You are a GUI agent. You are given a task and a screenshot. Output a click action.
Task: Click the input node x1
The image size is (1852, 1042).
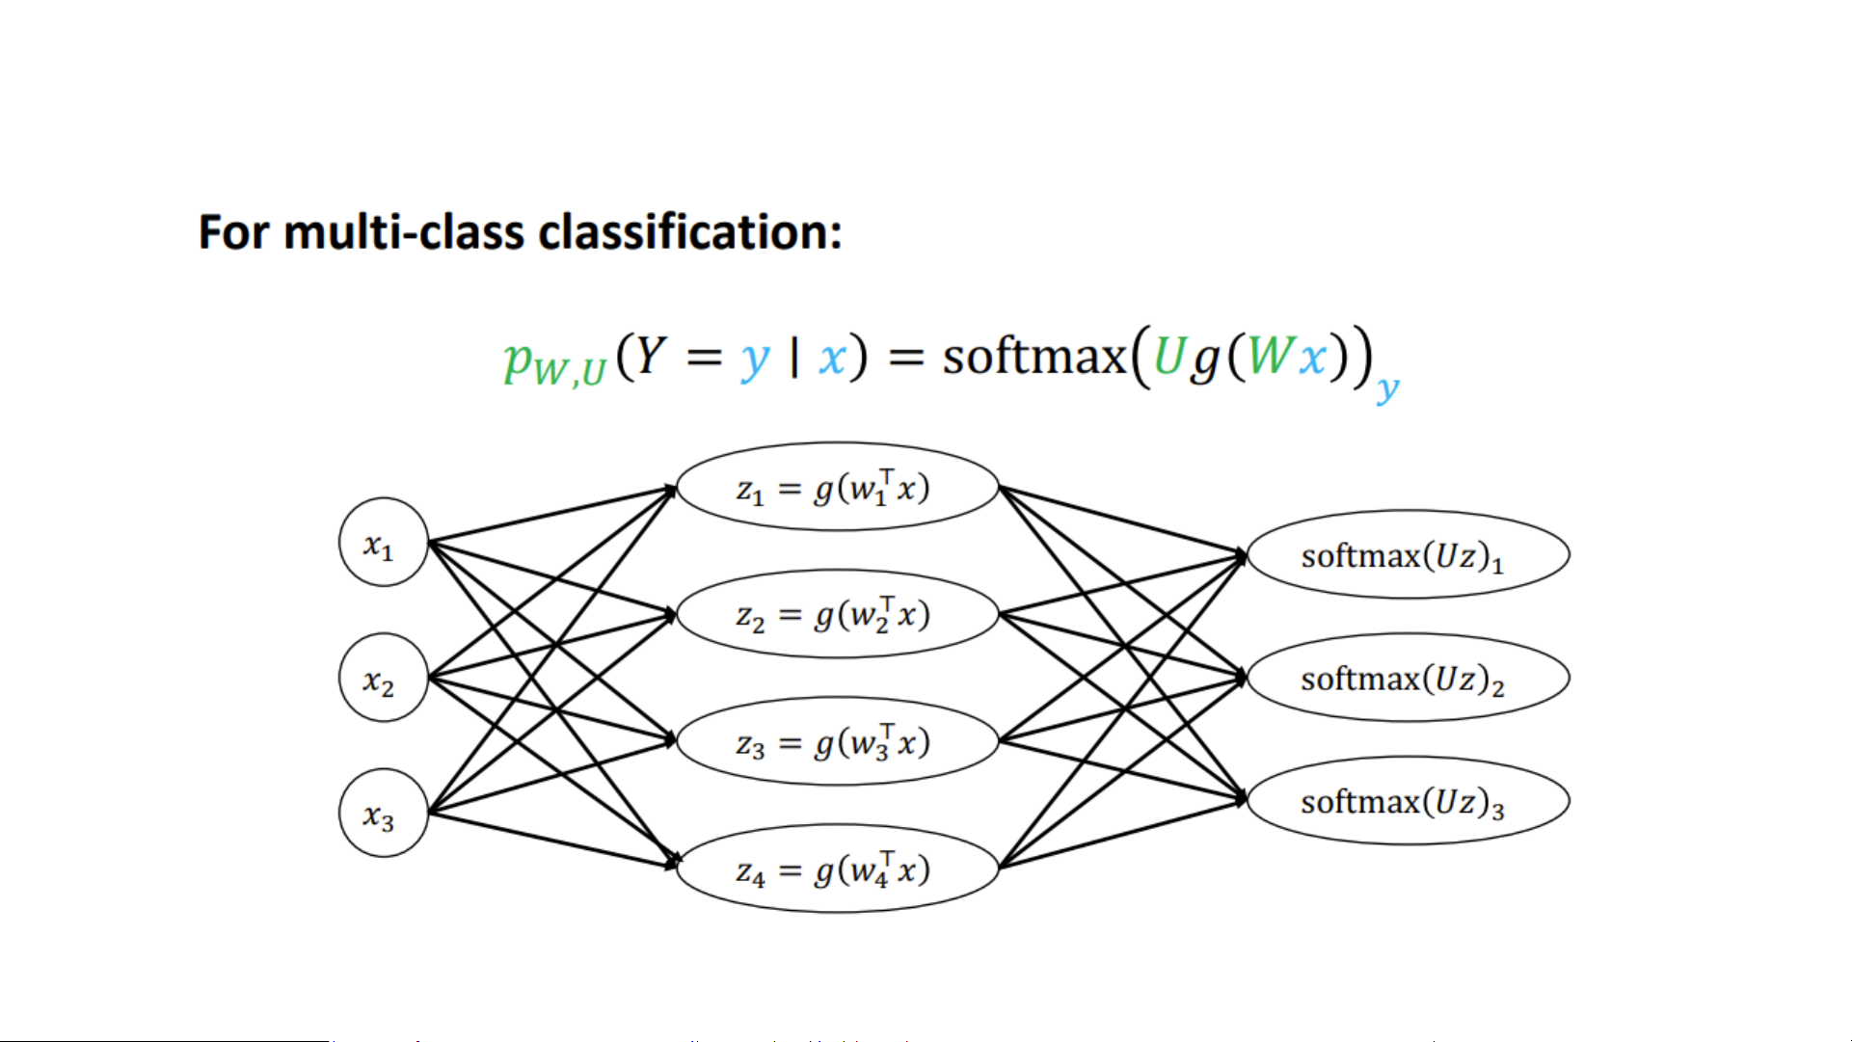tap(383, 543)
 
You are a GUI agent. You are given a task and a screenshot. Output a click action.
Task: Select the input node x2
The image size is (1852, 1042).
tap(383, 678)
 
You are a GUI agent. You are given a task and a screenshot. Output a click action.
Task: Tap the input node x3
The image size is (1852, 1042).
tap(383, 813)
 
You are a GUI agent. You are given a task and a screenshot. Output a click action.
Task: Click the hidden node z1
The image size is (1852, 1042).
tap(837, 488)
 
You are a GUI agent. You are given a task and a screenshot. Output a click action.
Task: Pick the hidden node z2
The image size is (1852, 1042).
tap(837, 614)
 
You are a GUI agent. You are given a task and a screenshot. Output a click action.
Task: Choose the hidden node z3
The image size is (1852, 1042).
tap(837, 741)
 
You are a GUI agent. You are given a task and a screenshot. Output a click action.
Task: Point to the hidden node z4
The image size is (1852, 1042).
tap(837, 868)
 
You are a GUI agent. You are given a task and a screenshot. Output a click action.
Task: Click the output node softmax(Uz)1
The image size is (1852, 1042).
tap(1408, 555)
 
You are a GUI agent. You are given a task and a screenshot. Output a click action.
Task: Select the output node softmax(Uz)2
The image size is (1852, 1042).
tap(1408, 678)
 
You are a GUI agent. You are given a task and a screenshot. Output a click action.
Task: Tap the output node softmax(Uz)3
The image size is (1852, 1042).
tap(1408, 801)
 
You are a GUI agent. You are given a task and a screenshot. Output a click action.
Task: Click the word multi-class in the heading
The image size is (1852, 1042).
tap(404, 232)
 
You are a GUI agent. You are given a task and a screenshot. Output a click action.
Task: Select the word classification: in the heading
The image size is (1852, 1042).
tap(689, 232)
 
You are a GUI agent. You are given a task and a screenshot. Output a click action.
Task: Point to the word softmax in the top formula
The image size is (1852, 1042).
tap(1033, 357)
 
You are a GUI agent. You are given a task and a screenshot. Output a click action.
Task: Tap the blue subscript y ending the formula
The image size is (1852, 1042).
tap(1387, 388)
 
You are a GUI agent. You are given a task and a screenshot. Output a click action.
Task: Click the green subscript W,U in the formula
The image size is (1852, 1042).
tap(569, 371)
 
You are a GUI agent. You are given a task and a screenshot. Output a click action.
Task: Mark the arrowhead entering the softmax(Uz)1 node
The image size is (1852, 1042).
tap(1240, 555)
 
